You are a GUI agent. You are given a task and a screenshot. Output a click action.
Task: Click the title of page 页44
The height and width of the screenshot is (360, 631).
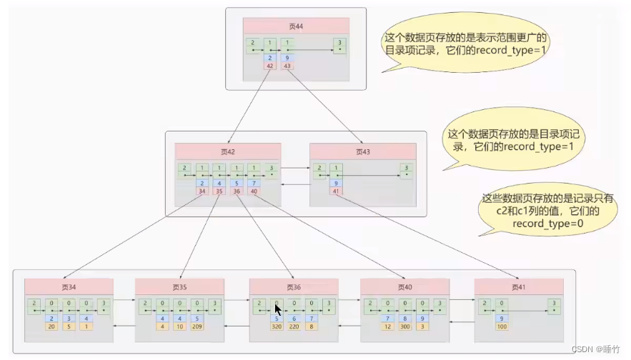[296, 26]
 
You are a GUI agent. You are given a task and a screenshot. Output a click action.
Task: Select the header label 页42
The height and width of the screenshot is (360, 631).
[228, 151]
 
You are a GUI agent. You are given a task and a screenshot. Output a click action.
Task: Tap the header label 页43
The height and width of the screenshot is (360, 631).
[362, 151]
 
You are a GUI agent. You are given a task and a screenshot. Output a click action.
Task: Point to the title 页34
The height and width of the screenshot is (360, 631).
[69, 286]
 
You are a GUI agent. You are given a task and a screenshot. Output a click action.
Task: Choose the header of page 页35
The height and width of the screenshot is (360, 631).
[179, 286]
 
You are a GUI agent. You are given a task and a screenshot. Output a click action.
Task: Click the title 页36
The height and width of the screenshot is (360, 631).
[293, 286]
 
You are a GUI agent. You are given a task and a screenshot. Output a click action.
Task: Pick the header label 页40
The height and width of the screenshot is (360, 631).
[404, 286]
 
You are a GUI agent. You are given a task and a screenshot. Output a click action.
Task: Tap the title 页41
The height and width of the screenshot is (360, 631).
[519, 286]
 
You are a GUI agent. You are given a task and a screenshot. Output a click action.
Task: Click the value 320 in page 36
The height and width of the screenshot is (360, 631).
[276, 327]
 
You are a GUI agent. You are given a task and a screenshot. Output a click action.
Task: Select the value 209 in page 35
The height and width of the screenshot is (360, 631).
[197, 327]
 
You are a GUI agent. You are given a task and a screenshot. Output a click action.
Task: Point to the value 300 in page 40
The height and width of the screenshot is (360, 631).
[405, 327]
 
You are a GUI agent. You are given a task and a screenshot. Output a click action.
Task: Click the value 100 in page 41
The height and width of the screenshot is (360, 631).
[502, 327]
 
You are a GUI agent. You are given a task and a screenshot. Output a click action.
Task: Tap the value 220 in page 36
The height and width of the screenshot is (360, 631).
[293, 327]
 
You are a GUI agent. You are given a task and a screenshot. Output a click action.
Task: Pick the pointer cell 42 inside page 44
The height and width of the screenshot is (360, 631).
[270, 66]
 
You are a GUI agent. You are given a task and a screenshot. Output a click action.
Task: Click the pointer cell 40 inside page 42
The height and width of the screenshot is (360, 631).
[254, 191]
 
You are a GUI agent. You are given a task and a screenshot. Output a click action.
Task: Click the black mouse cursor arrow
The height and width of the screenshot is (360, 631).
[278, 312]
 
